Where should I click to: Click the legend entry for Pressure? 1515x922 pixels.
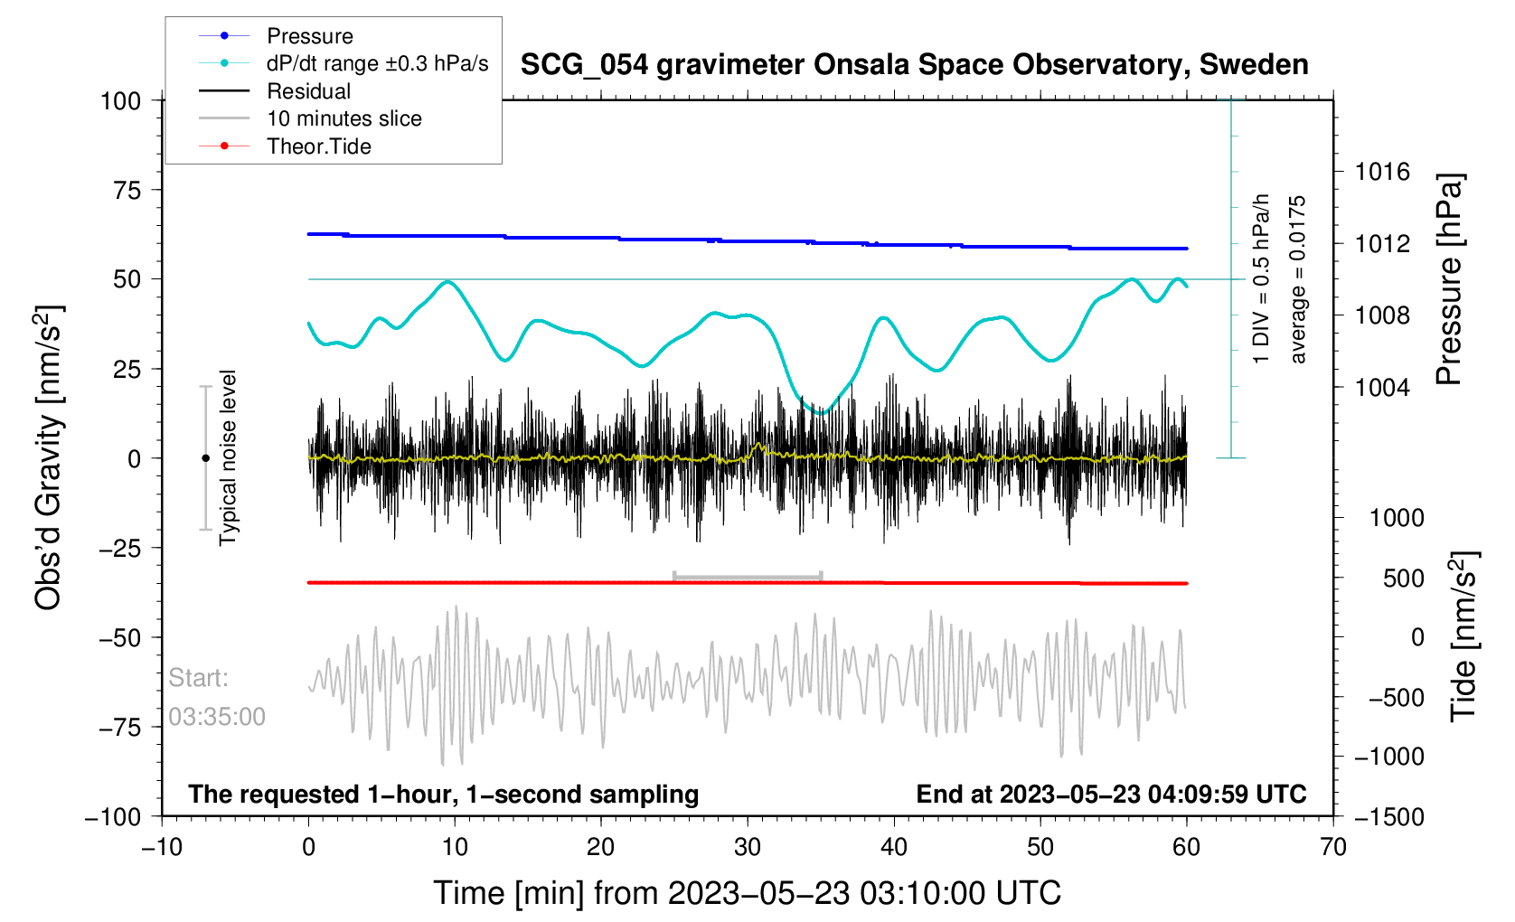pyautogui.click(x=309, y=36)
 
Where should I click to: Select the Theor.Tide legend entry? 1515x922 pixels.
pyautogui.click(x=318, y=146)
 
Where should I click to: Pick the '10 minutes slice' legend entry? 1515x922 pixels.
pyautogui.click(x=343, y=118)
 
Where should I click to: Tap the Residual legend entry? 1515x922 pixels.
pyautogui.click(x=308, y=91)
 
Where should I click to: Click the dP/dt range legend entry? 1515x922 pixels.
pyautogui.click(x=377, y=63)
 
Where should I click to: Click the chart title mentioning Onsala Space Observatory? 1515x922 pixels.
pyautogui.click(x=914, y=65)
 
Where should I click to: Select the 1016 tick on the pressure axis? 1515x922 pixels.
pyautogui.click(x=1382, y=172)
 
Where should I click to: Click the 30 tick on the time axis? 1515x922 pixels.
pyautogui.click(x=748, y=847)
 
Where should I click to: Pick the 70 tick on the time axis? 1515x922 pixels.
pyautogui.click(x=1332, y=847)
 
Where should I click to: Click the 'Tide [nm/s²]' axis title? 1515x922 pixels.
pyautogui.click(x=1464, y=635)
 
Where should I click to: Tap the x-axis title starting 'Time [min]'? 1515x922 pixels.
pyautogui.click(x=747, y=893)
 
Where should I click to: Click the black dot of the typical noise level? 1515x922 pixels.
pyautogui.click(x=205, y=458)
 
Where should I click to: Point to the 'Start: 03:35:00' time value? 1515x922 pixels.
pyautogui.click(x=217, y=717)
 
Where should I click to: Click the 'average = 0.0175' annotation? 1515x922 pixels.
pyautogui.click(x=1298, y=279)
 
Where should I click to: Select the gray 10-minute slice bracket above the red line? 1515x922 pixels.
pyautogui.click(x=748, y=576)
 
